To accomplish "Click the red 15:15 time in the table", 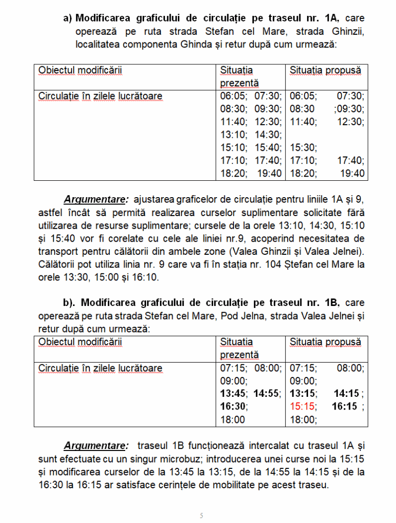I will point(301,407).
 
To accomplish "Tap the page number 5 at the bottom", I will point(201,515).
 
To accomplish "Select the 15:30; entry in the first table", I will point(303,148).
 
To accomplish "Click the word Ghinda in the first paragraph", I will point(194,44).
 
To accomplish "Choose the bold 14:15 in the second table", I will point(347,394).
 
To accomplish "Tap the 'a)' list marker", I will point(67,18).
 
